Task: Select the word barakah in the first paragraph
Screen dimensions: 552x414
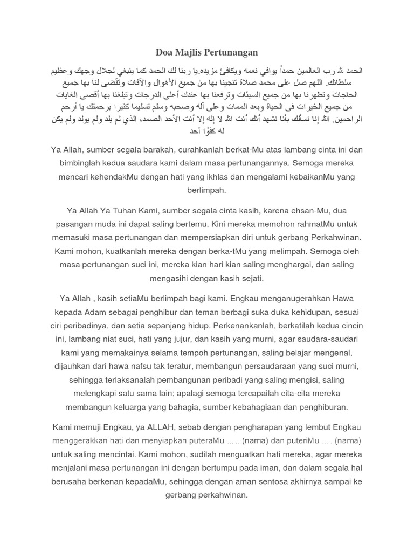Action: tap(168, 149)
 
